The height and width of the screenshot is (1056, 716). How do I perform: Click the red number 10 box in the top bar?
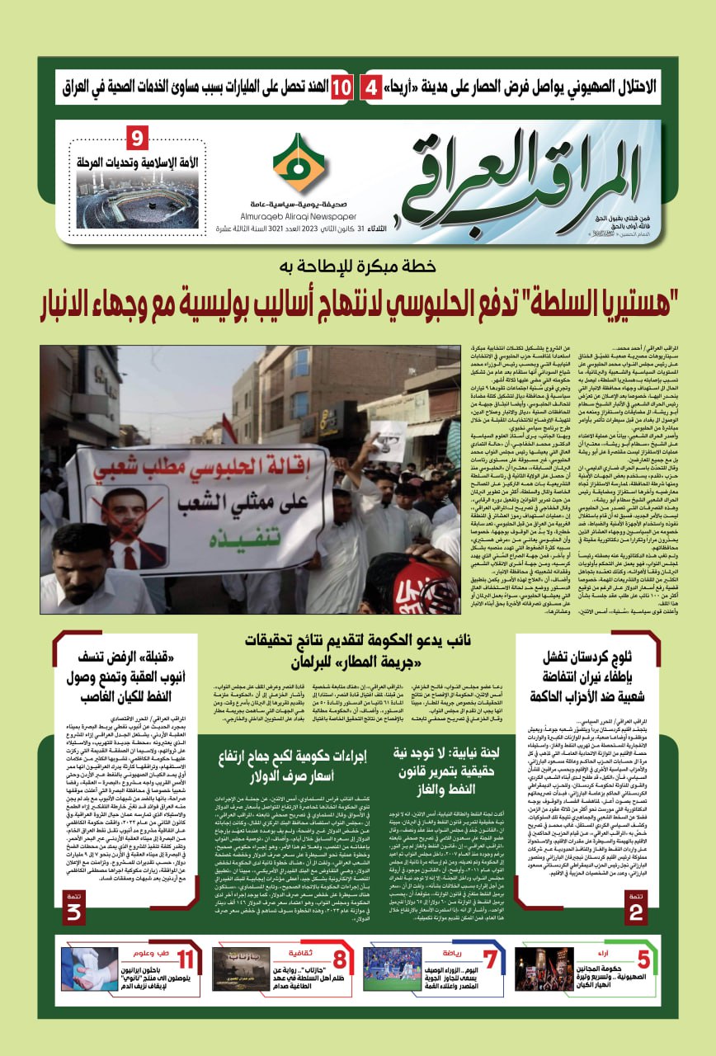[342, 87]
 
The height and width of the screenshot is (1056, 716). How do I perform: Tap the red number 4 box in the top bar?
[372, 87]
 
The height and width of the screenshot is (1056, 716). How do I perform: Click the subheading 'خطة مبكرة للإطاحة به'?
[357, 267]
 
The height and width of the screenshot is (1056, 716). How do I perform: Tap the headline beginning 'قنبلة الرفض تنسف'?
[117, 681]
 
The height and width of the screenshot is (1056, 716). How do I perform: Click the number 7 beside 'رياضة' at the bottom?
[491, 960]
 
